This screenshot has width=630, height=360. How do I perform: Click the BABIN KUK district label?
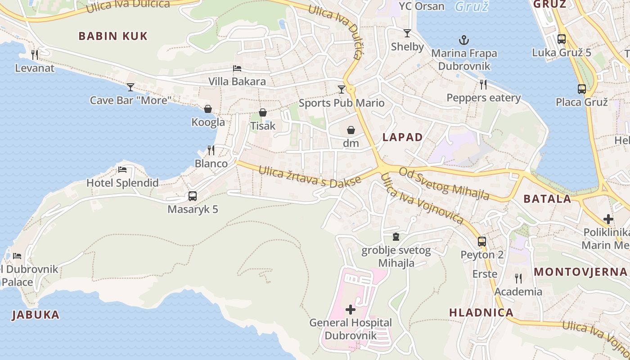[113, 36]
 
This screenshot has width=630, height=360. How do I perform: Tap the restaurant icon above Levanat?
[35, 54]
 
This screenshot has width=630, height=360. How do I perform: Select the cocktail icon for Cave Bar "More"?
[130, 87]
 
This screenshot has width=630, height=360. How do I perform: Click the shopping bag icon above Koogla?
[208, 108]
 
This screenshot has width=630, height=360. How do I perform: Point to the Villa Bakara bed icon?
[237, 68]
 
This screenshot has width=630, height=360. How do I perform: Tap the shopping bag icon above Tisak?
[263, 112]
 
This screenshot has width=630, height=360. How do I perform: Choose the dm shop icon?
[351, 130]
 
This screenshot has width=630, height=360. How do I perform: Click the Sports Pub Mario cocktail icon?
[342, 89]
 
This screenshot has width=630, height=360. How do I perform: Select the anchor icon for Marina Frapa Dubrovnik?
[464, 40]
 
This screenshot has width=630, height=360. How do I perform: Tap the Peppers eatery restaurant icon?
[483, 84]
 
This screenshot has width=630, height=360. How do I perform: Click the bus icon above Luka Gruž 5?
[562, 39]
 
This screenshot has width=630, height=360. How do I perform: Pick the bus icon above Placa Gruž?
[582, 89]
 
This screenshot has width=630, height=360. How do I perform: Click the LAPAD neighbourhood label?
[403, 137]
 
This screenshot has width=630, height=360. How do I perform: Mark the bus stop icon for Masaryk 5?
[193, 196]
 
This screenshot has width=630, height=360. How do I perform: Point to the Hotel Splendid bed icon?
[122, 170]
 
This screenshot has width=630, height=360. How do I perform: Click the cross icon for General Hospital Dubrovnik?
[350, 310]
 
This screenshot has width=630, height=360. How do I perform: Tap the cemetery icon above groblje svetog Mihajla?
[396, 237]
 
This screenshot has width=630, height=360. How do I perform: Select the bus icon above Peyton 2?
[482, 241]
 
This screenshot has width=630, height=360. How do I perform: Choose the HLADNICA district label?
[481, 312]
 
